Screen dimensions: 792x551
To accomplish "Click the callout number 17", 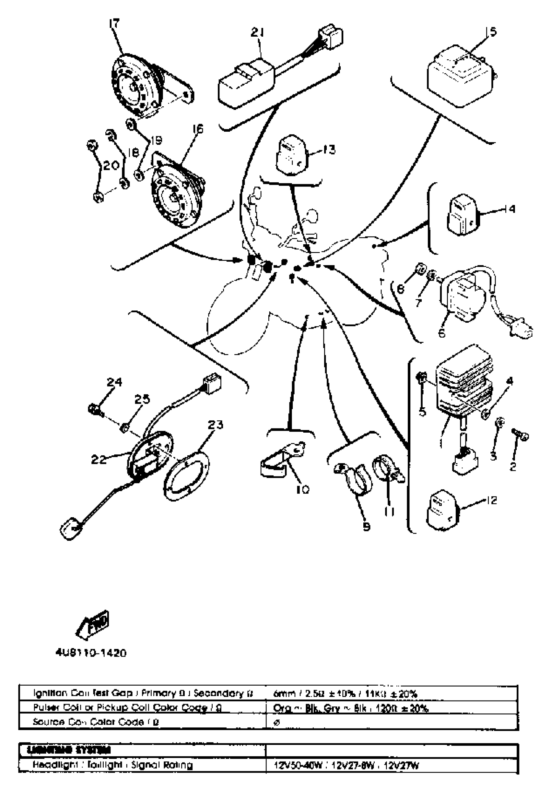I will [114, 24].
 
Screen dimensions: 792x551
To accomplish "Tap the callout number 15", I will [491, 32].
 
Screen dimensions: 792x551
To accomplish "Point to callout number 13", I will [329, 150].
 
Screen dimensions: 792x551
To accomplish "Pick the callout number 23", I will [216, 425].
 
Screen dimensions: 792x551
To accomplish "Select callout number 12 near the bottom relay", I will [491, 500].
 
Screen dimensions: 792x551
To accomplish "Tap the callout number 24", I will [114, 382].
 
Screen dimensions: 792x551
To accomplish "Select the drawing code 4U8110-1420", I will [91, 653].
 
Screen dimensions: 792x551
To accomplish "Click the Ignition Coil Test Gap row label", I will [143, 693].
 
